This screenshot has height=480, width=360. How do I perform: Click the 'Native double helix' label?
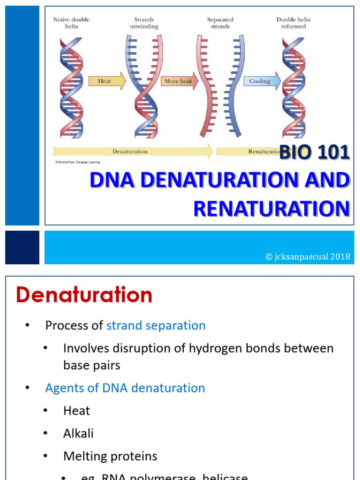pos(71,23)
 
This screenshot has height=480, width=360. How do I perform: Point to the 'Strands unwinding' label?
pos(144,23)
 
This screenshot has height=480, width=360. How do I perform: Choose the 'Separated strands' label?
pos(220,23)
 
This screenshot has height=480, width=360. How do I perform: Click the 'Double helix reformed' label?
pos(293,23)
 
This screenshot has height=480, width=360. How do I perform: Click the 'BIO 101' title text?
pos(315,152)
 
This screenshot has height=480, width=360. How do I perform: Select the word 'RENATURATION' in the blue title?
pos(271,209)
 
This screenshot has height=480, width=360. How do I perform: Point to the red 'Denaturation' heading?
pos(84,295)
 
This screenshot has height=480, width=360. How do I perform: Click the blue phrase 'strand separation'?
pos(156,325)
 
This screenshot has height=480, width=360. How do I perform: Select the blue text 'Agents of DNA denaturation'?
pos(125,388)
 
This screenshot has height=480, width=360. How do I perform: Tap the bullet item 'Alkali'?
pos(78,433)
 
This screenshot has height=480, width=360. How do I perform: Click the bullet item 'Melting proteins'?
pos(110,456)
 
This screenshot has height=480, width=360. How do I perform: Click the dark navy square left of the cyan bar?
pos(22,247)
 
